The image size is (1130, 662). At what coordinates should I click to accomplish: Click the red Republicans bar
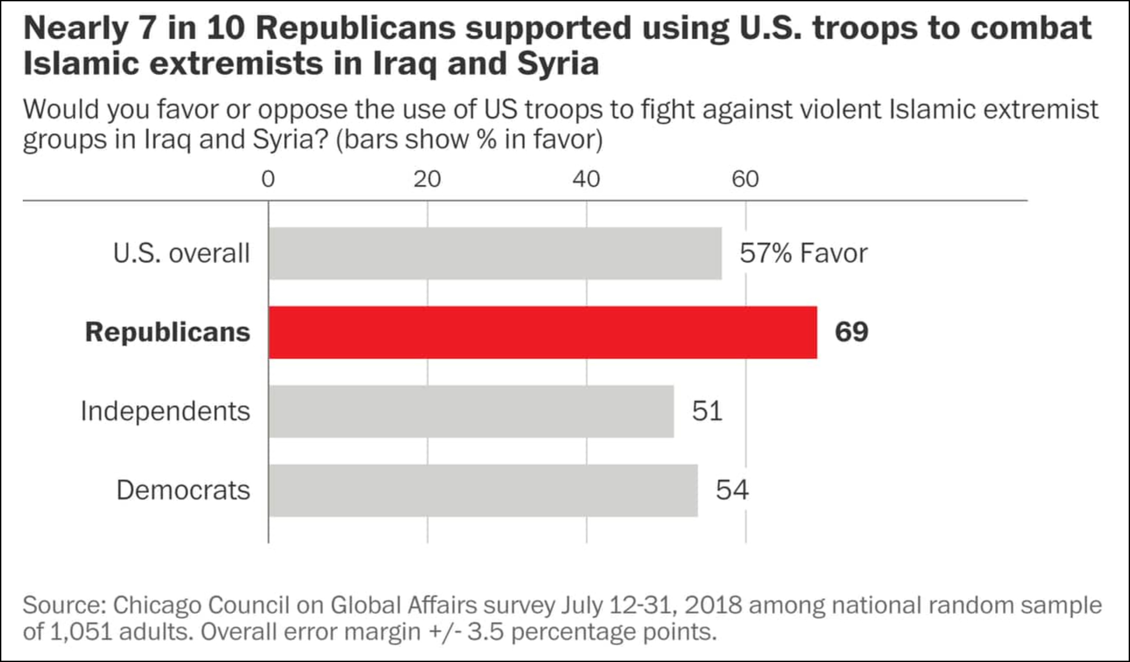point(543,333)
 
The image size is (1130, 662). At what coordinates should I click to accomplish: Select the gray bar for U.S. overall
point(495,253)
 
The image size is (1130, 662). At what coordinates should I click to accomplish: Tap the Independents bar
point(471,411)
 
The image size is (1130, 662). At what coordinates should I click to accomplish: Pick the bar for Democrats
point(483,490)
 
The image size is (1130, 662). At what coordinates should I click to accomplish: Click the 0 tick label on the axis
point(268,179)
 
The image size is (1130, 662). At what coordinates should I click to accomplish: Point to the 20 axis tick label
point(427,179)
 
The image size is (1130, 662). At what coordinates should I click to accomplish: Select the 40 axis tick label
point(586,179)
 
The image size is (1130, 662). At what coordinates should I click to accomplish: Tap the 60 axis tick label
point(745,179)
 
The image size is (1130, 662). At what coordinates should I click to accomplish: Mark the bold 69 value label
point(851,333)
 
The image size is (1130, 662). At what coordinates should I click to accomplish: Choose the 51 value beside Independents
point(707,411)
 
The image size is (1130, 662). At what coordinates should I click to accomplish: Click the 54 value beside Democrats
point(732,490)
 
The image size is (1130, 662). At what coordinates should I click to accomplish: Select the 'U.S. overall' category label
point(181,253)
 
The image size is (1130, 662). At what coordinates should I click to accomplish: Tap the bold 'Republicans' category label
point(167,333)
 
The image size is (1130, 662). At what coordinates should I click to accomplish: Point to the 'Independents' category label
point(165,411)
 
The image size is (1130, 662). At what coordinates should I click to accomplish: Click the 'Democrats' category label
point(183,490)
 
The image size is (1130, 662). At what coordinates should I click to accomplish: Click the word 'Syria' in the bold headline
point(558,64)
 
